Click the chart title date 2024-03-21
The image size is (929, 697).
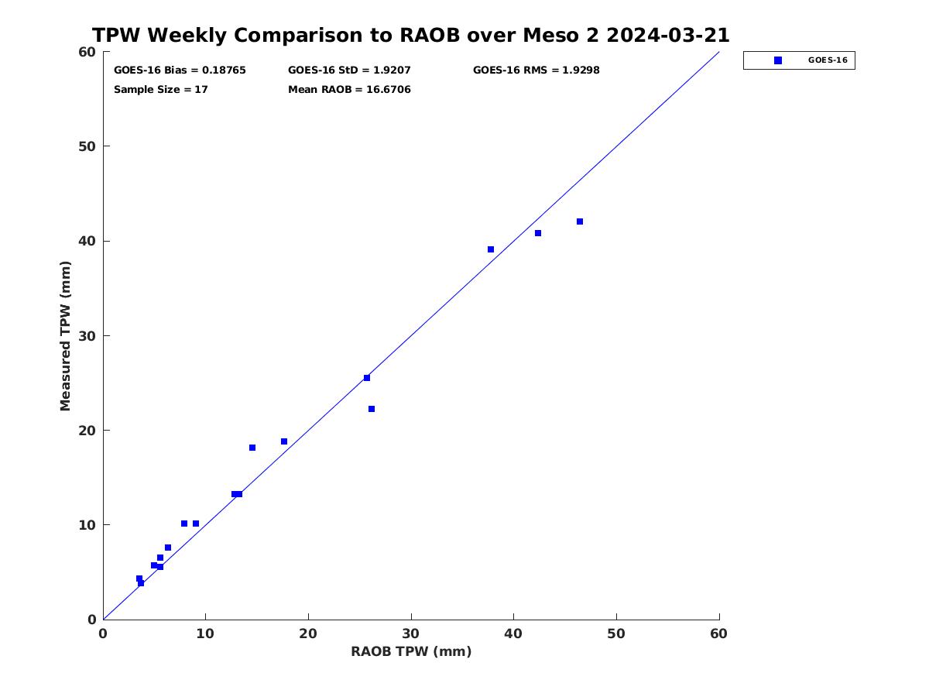click(668, 35)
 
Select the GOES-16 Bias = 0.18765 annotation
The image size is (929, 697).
click(180, 70)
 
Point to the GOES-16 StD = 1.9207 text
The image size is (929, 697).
click(349, 70)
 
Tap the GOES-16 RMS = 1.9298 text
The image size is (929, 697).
click(536, 70)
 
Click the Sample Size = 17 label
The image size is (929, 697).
click(161, 90)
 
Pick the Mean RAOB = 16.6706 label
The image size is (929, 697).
click(349, 90)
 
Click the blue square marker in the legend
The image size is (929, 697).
click(778, 60)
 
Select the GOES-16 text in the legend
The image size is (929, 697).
click(828, 60)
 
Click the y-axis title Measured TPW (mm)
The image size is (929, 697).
click(65, 335)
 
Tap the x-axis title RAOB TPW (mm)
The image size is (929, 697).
click(411, 651)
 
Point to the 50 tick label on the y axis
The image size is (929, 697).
click(87, 146)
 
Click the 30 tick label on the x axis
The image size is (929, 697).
click(411, 633)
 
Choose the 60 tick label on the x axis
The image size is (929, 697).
click(718, 633)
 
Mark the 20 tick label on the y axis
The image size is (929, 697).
click(87, 431)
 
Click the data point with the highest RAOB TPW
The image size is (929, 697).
click(580, 221)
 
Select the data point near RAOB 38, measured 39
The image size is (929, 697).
click(491, 249)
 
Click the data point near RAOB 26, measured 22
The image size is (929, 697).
click(372, 409)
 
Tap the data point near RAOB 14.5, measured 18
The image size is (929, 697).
click(252, 448)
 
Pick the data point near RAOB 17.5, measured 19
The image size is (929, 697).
click(284, 441)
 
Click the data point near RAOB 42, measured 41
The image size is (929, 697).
click(538, 233)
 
